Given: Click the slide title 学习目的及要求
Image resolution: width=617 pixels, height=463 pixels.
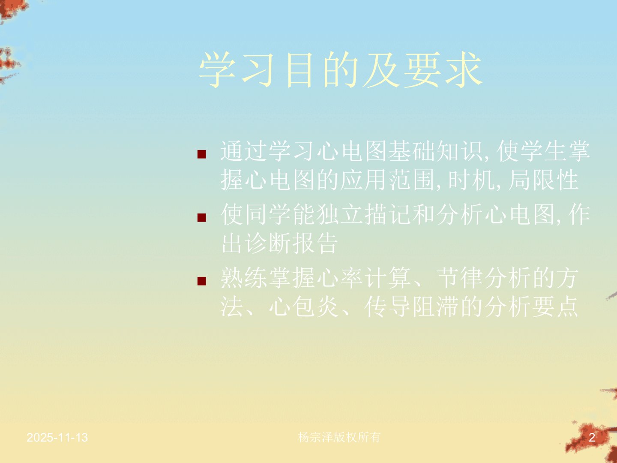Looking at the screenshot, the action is [341, 70].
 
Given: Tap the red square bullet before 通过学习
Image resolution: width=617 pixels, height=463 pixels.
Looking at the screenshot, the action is [202, 154].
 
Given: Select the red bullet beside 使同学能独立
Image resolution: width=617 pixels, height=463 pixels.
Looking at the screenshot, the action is [202, 218].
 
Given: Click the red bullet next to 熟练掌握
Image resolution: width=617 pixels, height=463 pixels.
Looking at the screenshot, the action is [202, 281].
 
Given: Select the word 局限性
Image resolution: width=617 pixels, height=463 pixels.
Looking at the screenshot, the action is [543, 180].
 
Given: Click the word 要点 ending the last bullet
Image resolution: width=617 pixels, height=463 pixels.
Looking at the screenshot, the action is [555, 307].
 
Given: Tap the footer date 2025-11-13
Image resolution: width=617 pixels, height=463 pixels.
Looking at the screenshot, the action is [57, 438].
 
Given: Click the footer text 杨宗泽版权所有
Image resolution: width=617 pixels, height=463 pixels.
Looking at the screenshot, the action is [339, 437].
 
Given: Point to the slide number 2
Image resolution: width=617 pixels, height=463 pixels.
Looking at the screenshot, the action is [592, 438].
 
